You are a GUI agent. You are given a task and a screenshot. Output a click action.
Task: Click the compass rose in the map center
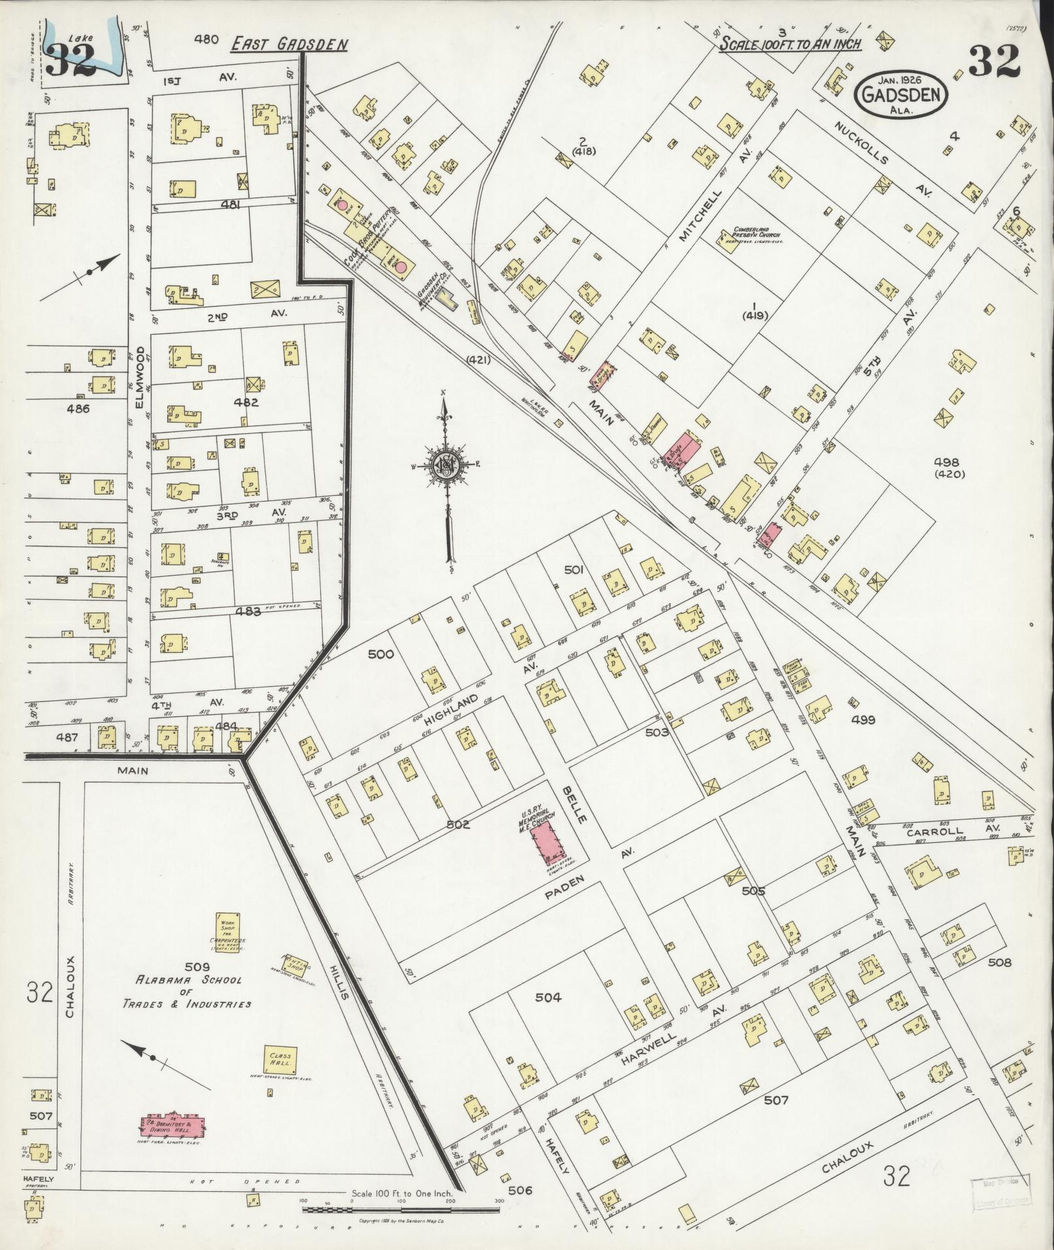point(446,465)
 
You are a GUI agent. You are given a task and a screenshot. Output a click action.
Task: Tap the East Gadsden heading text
point(289,44)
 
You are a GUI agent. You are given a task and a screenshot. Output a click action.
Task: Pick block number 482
point(246,402)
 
